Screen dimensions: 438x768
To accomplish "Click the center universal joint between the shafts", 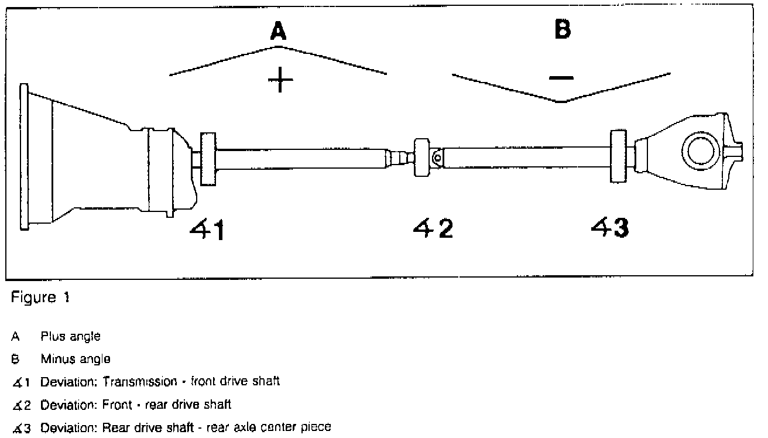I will coord(426,158).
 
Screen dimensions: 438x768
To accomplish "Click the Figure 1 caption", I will coord(40,297).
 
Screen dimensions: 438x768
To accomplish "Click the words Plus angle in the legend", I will coord(70,337).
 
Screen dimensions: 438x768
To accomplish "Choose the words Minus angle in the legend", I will coord(75,358).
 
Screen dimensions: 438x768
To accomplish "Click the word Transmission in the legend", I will coord(139,382).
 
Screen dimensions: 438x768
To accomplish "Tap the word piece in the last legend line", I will coord(318,427).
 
